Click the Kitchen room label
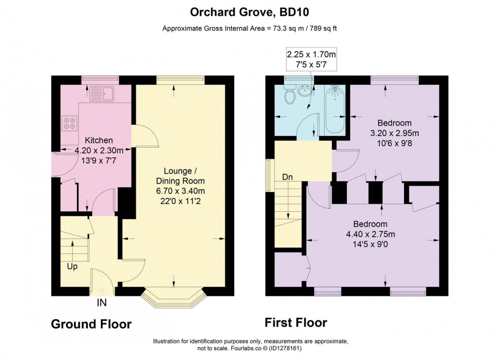tap(99, 140)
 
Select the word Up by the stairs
tap(72, 266)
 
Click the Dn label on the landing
tap(288, 177)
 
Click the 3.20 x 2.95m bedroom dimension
tap(394, 133)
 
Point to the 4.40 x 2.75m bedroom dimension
tap(370, 234)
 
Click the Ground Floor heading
tap(91, 324)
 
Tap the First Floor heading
tap(296, 322)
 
